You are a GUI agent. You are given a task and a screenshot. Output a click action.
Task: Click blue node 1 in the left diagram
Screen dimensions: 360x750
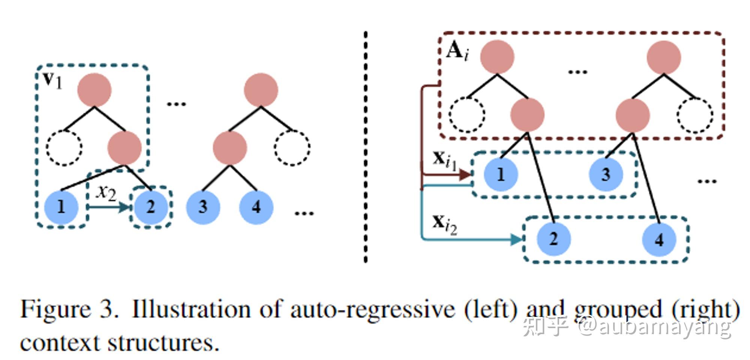[x=61, y=207]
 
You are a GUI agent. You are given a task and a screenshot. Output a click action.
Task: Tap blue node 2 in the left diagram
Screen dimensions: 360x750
[x=151, y=207]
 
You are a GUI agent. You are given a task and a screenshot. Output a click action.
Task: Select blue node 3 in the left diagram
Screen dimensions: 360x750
[x=203, y=207]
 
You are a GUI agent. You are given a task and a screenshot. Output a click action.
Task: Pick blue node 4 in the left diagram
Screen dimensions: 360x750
[x=256, y=207]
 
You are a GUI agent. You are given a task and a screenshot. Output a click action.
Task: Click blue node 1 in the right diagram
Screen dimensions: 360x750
[x=501, y=174]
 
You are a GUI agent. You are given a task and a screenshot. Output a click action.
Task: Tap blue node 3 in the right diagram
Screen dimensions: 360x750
[x=606, y=174]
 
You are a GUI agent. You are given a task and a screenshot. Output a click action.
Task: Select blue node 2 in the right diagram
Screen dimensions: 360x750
[x=553, y=239]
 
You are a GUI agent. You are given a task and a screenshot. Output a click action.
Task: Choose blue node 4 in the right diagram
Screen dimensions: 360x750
[x=659, y=239]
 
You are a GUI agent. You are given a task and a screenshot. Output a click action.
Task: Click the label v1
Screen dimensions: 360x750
[x=52, y=79]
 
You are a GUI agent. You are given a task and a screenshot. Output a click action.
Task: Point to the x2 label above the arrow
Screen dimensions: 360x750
[x=106, y=192]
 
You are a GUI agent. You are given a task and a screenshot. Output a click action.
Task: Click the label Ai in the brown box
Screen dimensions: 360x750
[x=457, y=51]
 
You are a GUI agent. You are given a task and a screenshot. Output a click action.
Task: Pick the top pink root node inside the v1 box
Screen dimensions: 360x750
[x=94, y=90]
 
